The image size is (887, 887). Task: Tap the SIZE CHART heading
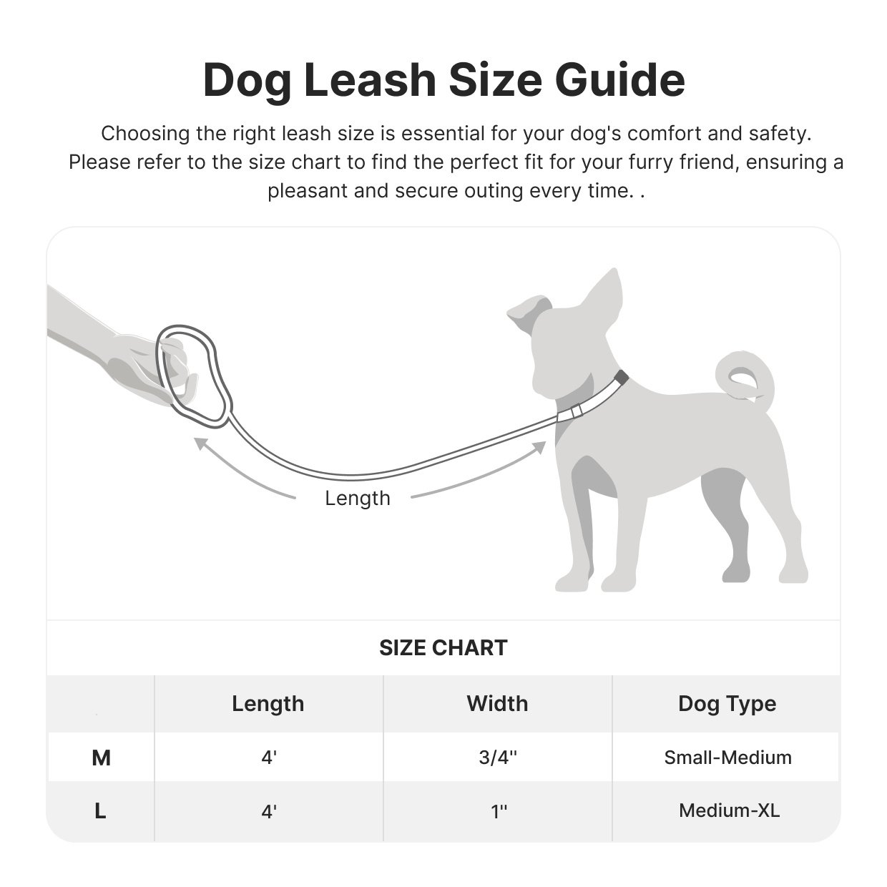point(443,648)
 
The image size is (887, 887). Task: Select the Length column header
point(268,704)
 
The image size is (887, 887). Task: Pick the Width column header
point(497,704)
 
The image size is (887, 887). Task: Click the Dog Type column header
point(727,704)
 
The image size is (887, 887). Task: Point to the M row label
point(101,758)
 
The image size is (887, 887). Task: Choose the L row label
point(100,811)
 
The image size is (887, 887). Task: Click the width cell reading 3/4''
point(498,758)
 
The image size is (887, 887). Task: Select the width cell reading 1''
point(499,811)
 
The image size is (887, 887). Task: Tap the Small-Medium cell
point(727,758)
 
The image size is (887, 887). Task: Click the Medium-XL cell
point(729,811)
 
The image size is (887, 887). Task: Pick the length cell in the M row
point(268,758)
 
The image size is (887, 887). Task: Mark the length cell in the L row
point(268,811)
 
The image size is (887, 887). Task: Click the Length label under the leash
point(358,499)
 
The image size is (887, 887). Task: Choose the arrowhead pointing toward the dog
point(537,449)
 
